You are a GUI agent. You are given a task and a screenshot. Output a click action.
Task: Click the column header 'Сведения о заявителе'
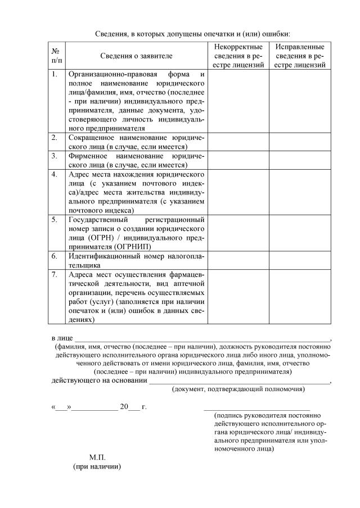(137, 56)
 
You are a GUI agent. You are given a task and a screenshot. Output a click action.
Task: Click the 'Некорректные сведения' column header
(238, 56)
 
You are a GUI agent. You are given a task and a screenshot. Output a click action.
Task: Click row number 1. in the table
(55, 74)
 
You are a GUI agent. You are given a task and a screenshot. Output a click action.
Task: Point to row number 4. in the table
(55, 174)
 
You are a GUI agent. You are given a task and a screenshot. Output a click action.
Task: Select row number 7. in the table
(55, 275)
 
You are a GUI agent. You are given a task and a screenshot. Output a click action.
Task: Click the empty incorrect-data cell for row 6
(238, 260)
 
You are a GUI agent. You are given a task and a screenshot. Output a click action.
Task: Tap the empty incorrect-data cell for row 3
(238, 161)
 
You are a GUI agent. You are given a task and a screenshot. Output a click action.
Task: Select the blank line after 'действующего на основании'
(239, 382)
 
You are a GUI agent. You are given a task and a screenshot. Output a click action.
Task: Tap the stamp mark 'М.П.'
(97, 457)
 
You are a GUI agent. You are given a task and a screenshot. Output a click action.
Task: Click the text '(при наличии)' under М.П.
(97, 467)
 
